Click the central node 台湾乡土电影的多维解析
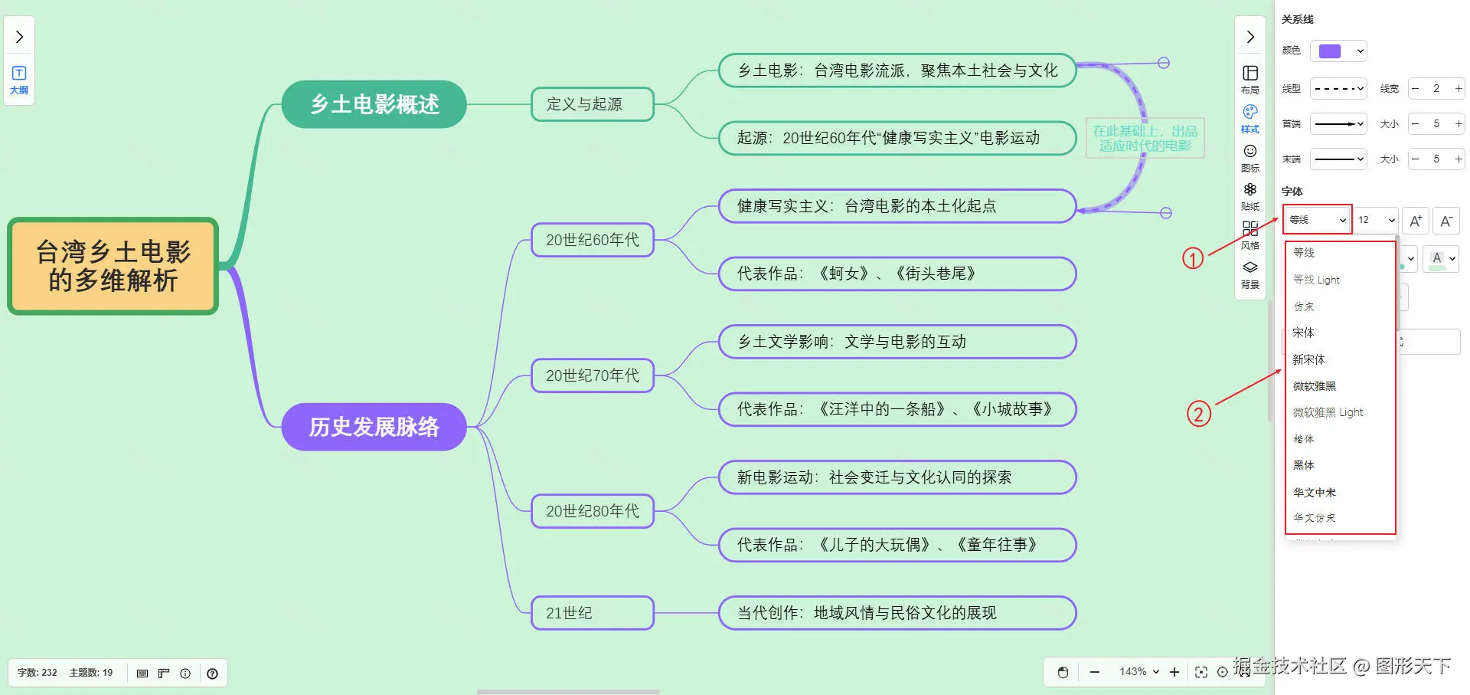113,266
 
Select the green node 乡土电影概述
374,104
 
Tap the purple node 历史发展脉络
374,427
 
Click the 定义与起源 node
592,104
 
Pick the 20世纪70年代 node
592,375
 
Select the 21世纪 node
592,613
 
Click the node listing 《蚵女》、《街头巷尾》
897,274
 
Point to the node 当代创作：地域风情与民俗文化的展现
897,613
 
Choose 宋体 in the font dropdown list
1303,333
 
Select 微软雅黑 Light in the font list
1328,412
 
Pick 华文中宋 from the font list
1314,492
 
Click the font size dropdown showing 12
1377,220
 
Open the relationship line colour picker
1338,51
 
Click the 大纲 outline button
19,80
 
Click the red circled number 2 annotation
1198,415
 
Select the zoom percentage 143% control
1138,672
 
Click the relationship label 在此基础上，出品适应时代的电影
1145,139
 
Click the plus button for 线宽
1459,88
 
